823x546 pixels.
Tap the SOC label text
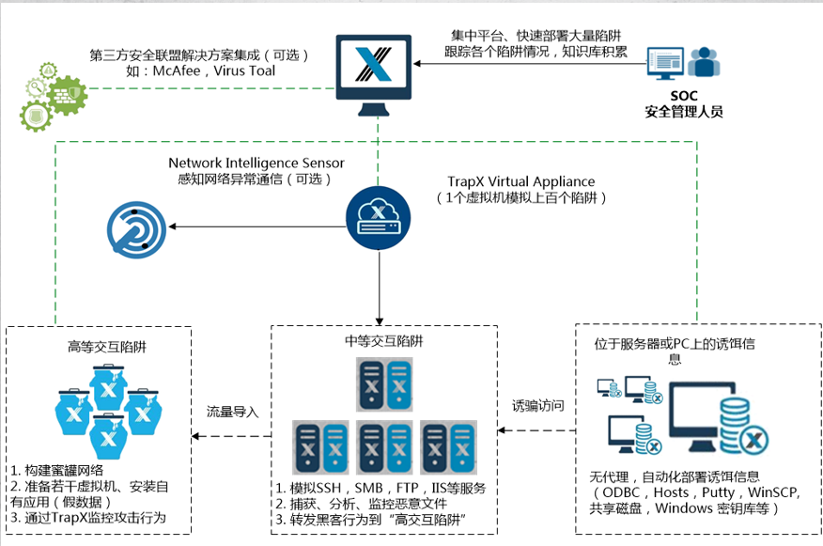coord(683,96)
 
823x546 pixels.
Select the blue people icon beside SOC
coord(704,63)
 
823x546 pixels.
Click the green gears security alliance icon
coord(54,98)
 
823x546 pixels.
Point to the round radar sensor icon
coord(136,230)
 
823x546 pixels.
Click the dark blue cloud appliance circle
coord(378,218)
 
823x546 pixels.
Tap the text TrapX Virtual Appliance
coord(521,181)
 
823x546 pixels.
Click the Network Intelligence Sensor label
coord(256,164)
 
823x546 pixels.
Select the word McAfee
coord(177,70)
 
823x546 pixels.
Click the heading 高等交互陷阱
coord(107,347)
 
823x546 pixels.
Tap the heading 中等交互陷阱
coord(383,341)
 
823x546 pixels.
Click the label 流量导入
coord(232,412)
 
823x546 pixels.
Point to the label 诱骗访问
coord(538,405)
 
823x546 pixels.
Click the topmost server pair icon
coord(384,384)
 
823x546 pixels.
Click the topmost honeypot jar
coord(109,387)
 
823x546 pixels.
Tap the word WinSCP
coord(771,493)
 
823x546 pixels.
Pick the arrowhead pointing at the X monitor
coord(417,64)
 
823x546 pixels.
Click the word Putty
coord(718,493)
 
